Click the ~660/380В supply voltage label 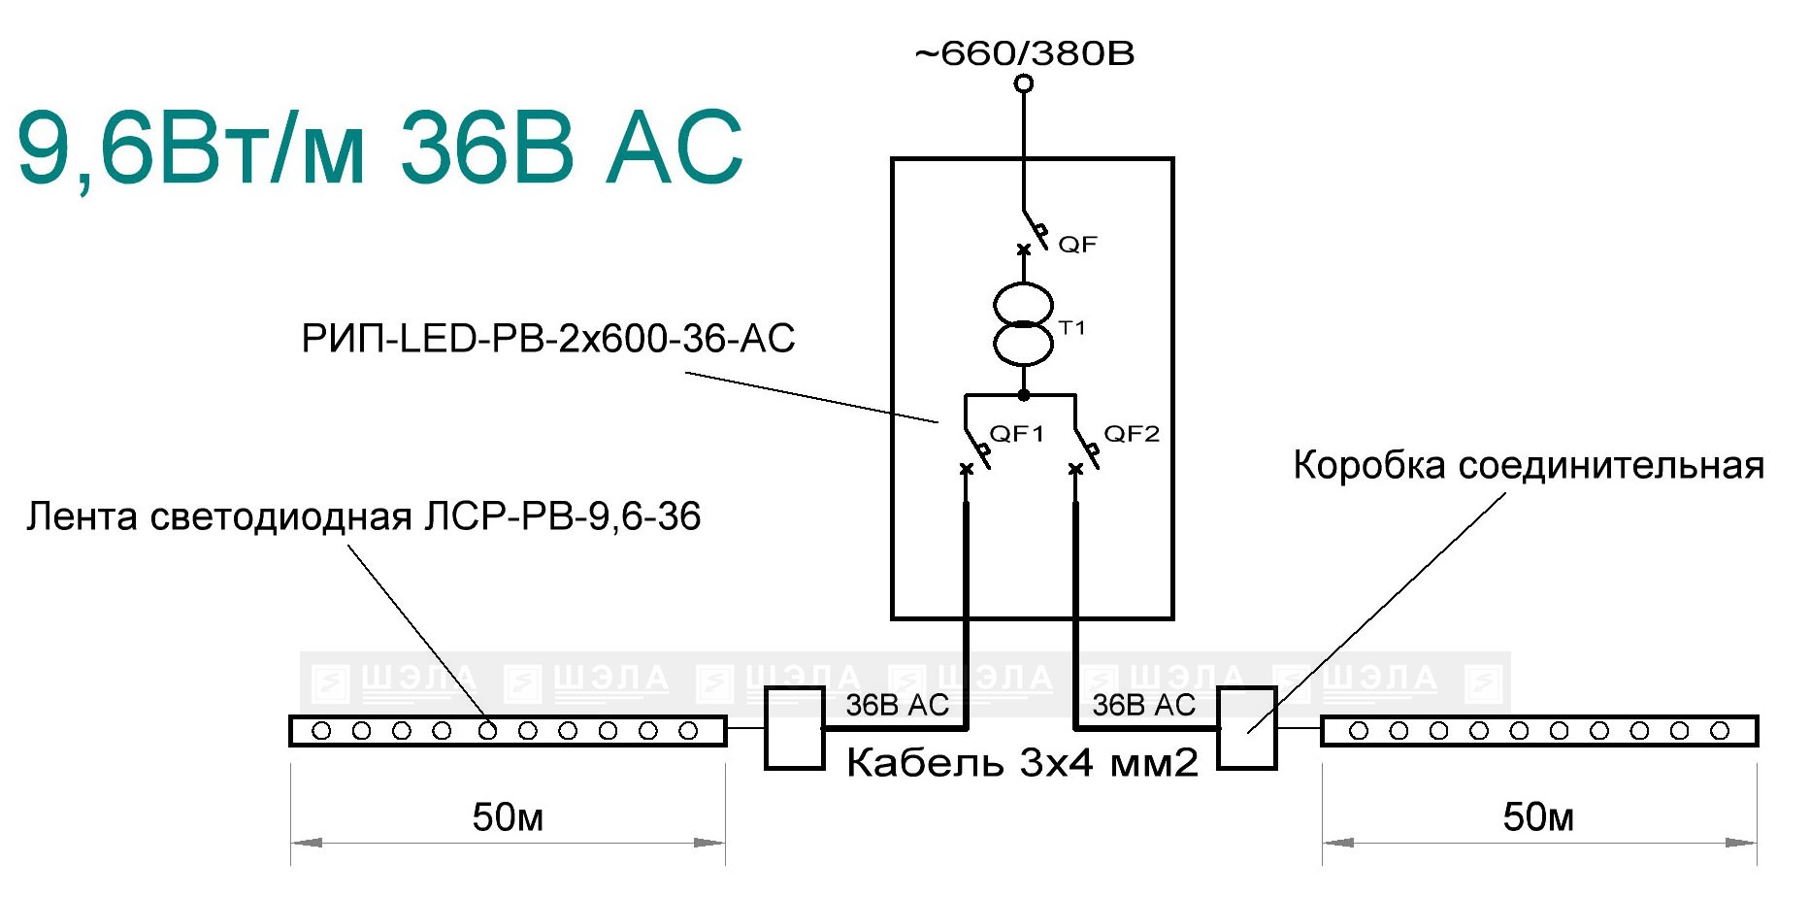click(x=1024, y=53)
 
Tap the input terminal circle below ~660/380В click(x=1024, y=83)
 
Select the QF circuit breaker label click(x=1077, y=245)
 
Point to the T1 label click(x=1071, y=328)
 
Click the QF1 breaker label click(x=1016, y=434)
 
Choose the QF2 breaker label click(x=1132, y=434)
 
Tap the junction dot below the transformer click(x=1024, y=395)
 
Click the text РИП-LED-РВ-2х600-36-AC click(x=548, y=339)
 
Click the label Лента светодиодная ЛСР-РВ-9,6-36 click(x=363, y=516)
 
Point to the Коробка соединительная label click(x=1529, y=466)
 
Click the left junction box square click(x=795, y=728)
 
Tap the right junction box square click(x=1247, y=728)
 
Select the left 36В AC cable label click(x=897, y=706)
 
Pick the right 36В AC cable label click(x=1144, y=706)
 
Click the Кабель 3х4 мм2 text click(x=1023, y=764)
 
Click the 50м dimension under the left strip click(x=508, y=818)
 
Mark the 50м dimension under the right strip click(x=1538, y=818)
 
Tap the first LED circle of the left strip click(x=321, y=731)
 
